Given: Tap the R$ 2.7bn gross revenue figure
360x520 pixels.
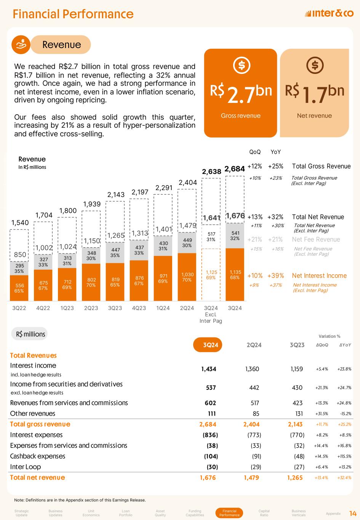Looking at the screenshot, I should pyautogui.click(x=241, y=92).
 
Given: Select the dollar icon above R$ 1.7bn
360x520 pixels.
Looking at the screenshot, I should pyautogui.click(x=315, y=66).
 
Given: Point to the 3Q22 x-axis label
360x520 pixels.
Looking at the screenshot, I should pyautogui.click(x=19, y=308).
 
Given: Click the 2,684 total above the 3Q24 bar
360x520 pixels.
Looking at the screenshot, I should pyautogui.click(x=235, y=169).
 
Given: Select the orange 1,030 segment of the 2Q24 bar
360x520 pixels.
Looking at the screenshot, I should pyautogui.click(x=187, y=277).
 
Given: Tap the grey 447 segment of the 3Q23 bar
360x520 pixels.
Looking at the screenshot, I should pyautogui.click(x=115, y=253).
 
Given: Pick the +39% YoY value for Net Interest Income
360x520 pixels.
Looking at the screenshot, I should pyautogui.click(x=275, y=276).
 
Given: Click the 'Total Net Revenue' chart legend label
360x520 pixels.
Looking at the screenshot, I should pyautogui.click(x=318, y=217).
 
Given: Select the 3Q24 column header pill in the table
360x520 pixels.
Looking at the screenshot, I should pyautogui.click(x=208, y=345).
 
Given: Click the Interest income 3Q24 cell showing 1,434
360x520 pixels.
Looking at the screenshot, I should pyautogui.click(x=209, y=369).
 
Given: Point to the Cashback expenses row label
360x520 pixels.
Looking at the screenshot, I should pyautogui.click(x=38, y=456).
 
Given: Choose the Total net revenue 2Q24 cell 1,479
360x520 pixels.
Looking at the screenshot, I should pyautogui.click(x=251, y=478).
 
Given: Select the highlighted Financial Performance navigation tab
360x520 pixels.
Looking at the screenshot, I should pyautogui.click(x=229, y=513).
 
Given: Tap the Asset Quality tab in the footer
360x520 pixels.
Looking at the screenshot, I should pyautogui.click(x=160, y=513).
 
